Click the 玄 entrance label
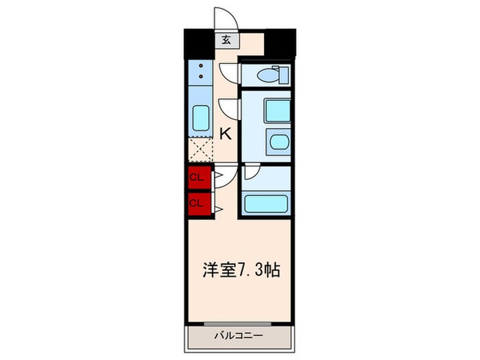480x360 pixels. (226, 40)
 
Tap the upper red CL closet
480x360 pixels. (197, 178)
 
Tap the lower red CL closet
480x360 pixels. (197, 202)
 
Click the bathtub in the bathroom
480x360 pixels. (267, 204)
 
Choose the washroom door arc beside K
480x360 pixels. (228, 108)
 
